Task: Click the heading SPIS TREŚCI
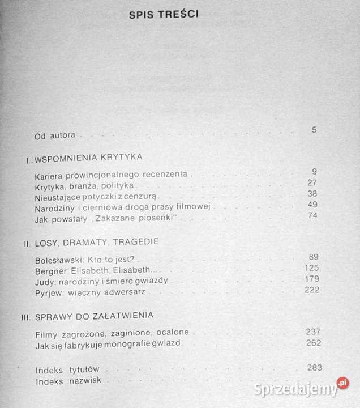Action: click(x=163, y=16)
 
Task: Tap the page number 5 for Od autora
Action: click(x=314, y=130)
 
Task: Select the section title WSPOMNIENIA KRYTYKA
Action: click(x=87, y=157)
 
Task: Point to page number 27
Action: click(x=312, y=182)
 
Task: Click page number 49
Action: click(x=312, y=205)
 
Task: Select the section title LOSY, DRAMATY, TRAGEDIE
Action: click(x=96, y=241)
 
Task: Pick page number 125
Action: click(x=312, y=267)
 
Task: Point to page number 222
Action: click(x=311, y=290)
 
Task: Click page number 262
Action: click(x=312, y=343)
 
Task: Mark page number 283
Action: click(x=314, y=368)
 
